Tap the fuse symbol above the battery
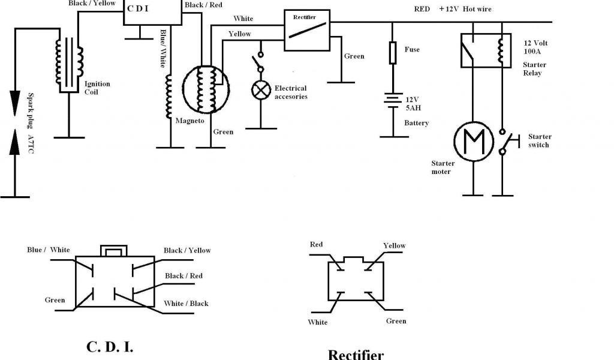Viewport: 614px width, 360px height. pos(393,53)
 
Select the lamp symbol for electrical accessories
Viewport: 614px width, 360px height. pos(261,91)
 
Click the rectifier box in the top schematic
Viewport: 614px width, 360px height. pos(307,31)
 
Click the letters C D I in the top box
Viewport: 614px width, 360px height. pos(138,8)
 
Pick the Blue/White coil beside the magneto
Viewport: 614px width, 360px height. pos(168,97)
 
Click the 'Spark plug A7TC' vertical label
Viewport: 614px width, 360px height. pos(31,123)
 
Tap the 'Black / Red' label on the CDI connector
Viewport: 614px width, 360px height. pos(183,276)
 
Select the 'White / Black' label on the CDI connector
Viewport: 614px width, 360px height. pos(186,303)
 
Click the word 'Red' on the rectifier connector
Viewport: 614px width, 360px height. pos(317,244)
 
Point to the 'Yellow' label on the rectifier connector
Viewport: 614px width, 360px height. pos(395,245)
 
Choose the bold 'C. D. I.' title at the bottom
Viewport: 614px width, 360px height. pos(110,347)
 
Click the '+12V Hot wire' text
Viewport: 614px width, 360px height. pos(465,9)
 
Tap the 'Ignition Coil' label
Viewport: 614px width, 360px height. pos(97,88)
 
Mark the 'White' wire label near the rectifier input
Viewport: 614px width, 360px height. pos(243,19)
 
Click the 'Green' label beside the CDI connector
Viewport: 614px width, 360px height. pos(55,300)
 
